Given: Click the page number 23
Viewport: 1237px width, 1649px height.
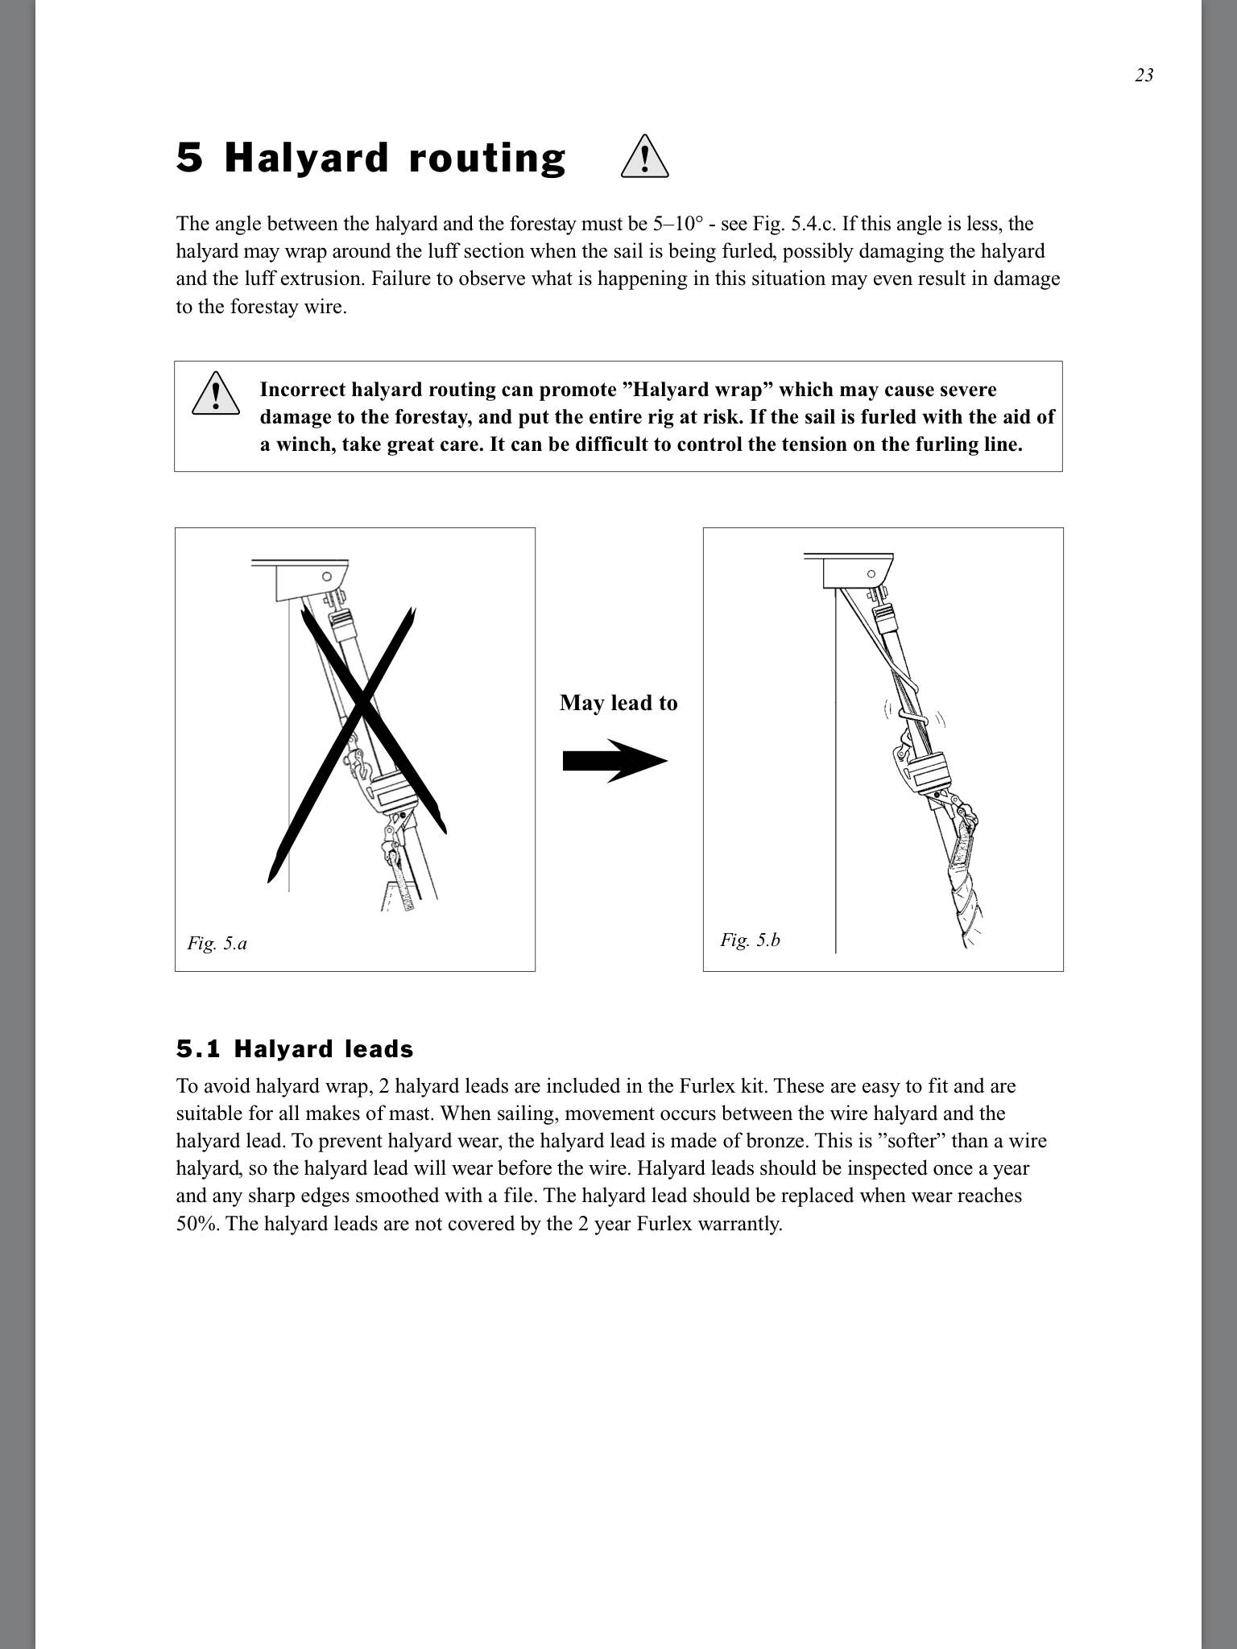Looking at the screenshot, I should (1144, 76).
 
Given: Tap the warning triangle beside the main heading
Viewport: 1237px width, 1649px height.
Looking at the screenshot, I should (645, 157).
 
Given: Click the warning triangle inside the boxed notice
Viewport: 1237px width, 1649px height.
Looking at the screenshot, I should (216, 394).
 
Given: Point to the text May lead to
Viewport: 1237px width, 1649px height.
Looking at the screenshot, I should (618, 703).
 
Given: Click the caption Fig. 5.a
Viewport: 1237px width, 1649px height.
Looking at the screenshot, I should (217, 943).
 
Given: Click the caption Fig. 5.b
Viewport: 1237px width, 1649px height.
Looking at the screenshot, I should (750, 940).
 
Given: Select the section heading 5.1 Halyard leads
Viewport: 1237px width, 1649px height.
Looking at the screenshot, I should (295, 1049).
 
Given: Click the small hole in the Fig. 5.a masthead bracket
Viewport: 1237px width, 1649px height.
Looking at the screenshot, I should (327, 577).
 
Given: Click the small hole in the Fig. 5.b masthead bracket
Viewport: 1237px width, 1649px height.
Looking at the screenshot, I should (871, 574).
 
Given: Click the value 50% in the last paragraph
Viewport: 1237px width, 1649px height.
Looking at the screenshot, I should (197, 1224).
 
